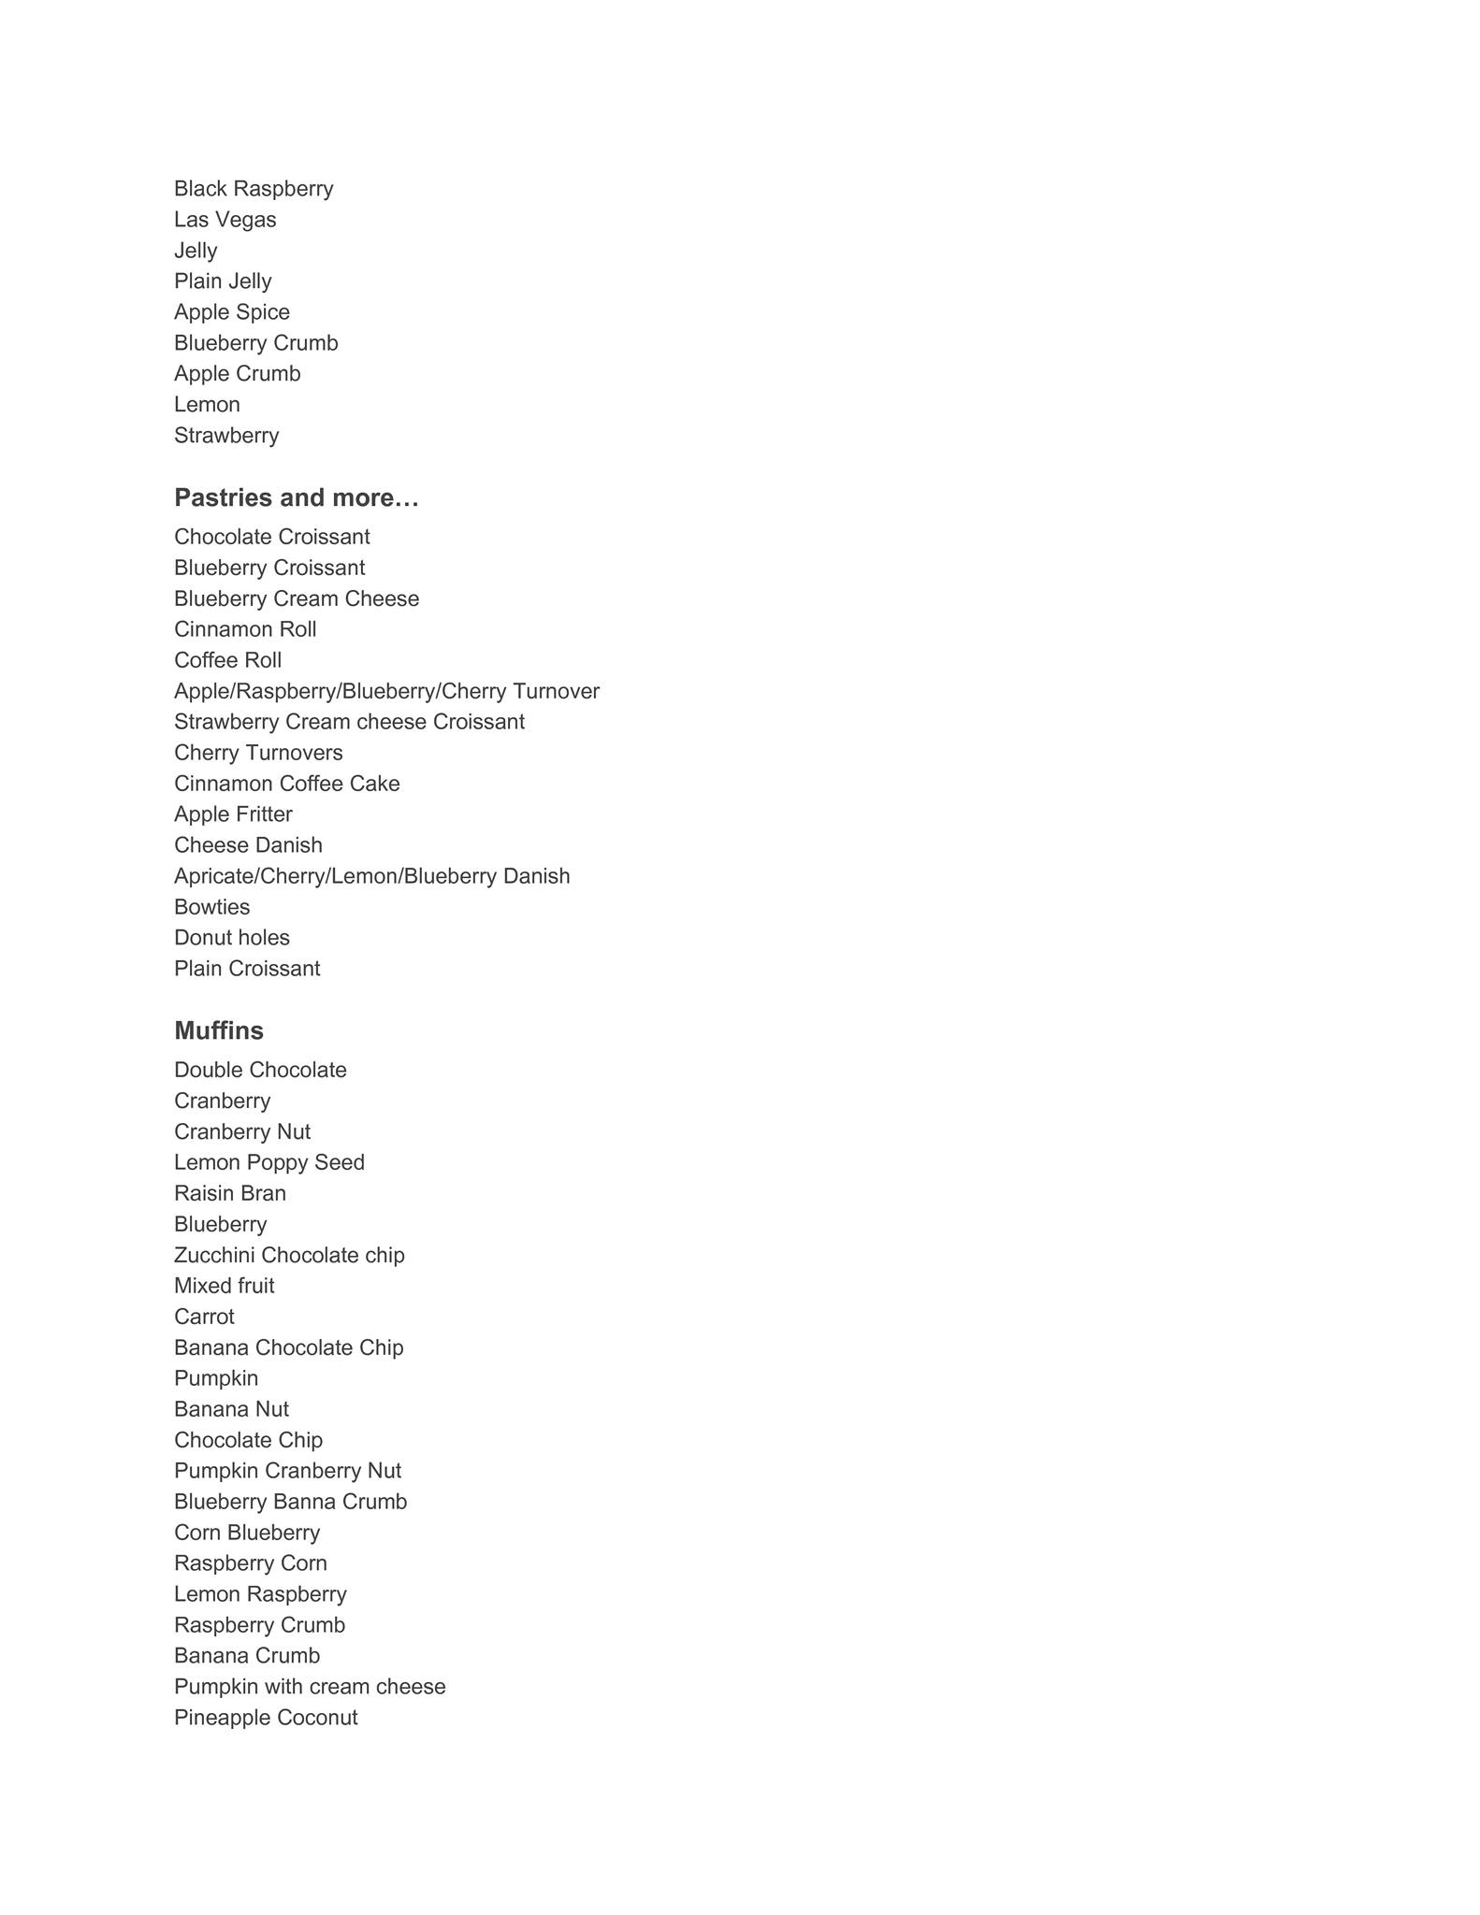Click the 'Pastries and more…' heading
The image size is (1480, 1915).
(x=296, y=497)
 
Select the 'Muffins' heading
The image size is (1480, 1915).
(x=219, y=1030)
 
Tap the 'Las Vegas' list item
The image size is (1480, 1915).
(x=225, y=220)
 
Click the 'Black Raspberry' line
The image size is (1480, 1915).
(x=254, y=189)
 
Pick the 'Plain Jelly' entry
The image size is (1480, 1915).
(x=223, y=281)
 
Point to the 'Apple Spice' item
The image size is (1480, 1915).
(x=232, y=312)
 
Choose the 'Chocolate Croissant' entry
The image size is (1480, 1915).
(x=271, y=537)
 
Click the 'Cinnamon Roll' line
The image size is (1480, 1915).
(x=245, y=629)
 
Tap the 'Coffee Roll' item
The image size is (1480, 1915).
(x=227, y=660)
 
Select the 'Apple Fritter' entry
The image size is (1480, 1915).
(x=233, y=814)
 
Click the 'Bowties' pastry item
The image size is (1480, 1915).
(x=211, y=907)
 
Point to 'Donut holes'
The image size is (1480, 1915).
(x=232, y=938)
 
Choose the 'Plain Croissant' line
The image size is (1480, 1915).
(x=247, y=969)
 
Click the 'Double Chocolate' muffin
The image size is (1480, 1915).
(x=260, y=1070)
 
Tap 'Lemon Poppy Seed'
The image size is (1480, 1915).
(x=269, y=1162)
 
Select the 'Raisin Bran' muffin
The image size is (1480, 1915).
(x=230, y=1193)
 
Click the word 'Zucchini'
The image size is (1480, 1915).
(x=214, y=1255)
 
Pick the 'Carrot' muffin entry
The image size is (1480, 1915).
(x=204, y=1317)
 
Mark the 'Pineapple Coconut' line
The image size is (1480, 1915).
(x=266, y=1718)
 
